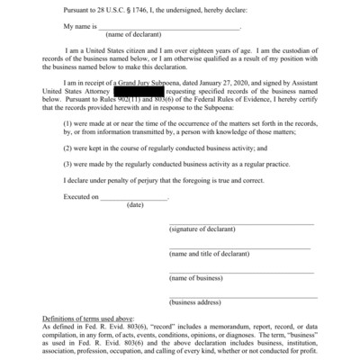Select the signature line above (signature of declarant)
[241, 224]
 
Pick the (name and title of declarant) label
[212, 255]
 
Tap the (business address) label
[198, 302]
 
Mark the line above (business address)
[243, 296]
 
